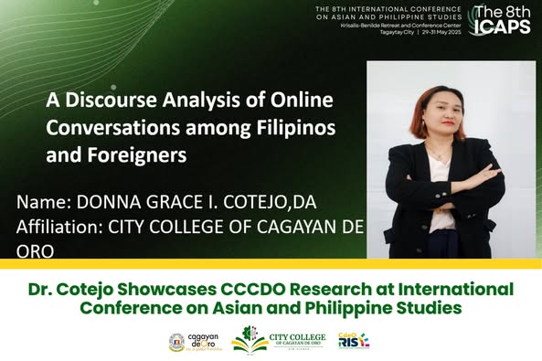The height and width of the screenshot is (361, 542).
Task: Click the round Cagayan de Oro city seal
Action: tap(177, 342)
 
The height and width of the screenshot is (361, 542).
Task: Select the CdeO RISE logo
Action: tap(353, 341)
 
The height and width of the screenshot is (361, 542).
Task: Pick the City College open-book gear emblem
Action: tap(249, 340)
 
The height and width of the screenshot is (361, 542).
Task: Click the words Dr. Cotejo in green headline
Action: tap(70, 289)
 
